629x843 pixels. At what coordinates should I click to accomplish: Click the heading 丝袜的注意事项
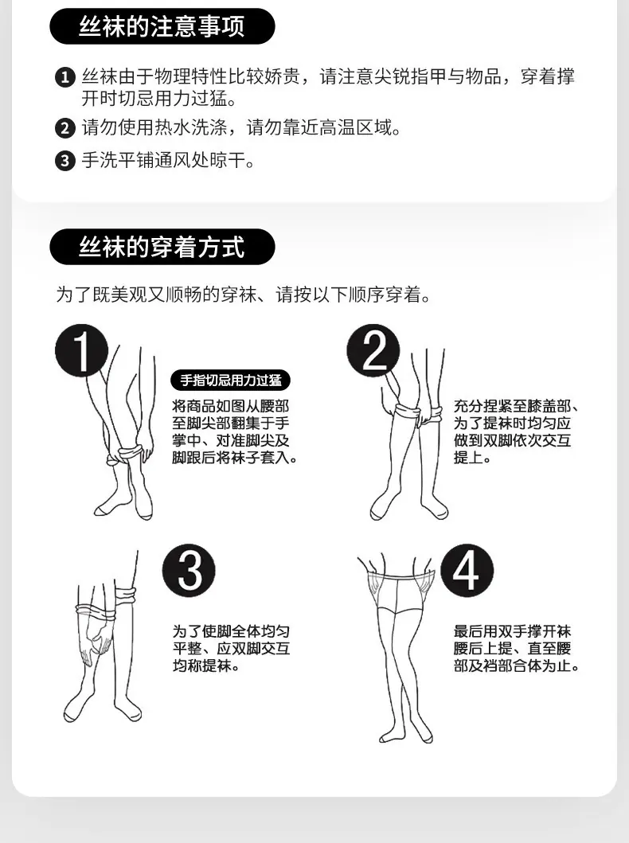point(162,26)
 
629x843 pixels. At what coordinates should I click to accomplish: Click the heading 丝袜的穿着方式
point(162,247)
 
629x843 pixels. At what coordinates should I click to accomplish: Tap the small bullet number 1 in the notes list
point(65,77)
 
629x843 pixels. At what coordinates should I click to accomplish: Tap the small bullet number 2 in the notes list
point(65,128)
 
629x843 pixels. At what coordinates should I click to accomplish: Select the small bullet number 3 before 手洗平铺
point(65,161)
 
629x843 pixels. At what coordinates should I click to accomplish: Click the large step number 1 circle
point(82,350)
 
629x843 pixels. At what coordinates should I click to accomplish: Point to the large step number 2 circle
point(373,350)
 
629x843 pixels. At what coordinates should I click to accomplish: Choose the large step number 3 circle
point(189,571)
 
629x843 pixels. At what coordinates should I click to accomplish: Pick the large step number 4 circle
point(467,571)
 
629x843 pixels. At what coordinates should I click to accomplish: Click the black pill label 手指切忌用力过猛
point(231,381)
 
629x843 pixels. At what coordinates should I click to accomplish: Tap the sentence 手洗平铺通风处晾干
point(168,160)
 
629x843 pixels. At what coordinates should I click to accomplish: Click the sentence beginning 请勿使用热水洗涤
point(241,128)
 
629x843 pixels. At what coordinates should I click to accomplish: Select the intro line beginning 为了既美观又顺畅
point(244,295)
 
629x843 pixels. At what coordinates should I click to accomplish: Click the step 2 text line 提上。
point(472,458)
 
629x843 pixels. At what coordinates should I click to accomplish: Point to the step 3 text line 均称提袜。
point(206,665)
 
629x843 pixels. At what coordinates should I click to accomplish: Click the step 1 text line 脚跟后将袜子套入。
point(235,458)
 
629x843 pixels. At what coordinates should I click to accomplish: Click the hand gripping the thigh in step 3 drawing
point(96,642)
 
